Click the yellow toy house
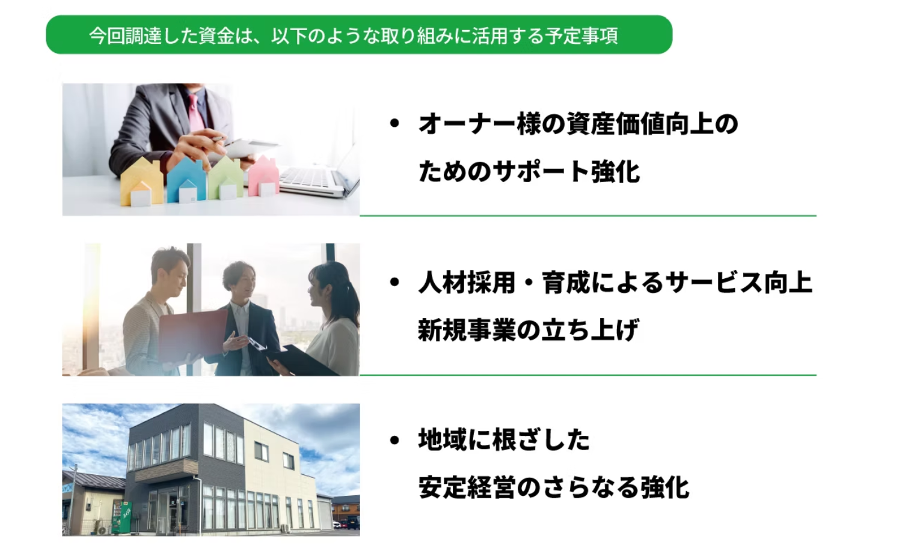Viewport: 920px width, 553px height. (x=141, y=182)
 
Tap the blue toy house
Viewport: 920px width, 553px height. (x=186, y=181)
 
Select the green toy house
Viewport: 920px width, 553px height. (x=225, y=178)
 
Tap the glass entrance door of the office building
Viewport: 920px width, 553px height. (x=168, y=513)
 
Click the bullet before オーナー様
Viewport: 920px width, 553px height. (x=394, y=123)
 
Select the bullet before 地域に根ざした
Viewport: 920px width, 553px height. (x=394, y=441)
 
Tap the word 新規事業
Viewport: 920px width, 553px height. (x=467, y=329)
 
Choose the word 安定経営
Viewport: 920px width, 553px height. (x=467, y=487)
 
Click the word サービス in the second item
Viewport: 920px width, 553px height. (x=714, y=283)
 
